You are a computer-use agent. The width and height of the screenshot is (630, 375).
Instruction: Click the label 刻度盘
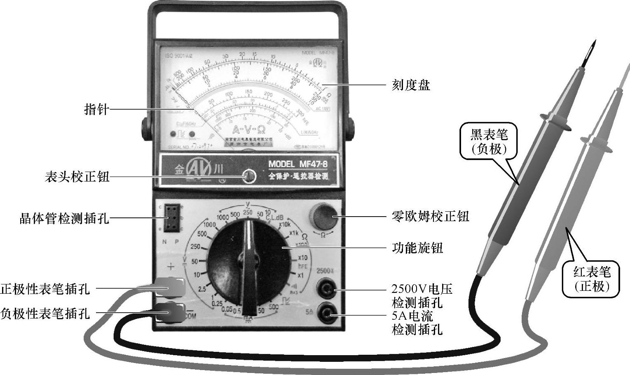coord(410,85)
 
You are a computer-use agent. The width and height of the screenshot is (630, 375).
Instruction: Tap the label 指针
coord(96,109)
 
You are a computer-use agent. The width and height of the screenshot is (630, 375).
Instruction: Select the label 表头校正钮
coord(77,177)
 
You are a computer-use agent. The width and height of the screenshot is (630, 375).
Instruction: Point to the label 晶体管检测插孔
coord(64,218)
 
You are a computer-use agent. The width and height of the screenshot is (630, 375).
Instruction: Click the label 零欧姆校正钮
coord(430,216)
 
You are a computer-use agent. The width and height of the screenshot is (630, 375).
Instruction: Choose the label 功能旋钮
coord(417,248)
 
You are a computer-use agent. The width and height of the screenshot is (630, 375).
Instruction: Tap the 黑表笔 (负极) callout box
coord(489,141)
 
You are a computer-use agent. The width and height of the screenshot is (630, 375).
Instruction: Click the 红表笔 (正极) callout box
coord(592,279)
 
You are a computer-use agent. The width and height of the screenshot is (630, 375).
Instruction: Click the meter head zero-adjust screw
coord(249,176)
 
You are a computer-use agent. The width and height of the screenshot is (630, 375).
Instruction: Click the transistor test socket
coord(172,218)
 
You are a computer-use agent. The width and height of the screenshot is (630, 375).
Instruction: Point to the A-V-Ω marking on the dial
coord(249,130)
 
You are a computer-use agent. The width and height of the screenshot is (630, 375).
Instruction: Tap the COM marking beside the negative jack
coord(191,316)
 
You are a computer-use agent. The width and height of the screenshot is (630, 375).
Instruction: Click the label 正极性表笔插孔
coord(45,289)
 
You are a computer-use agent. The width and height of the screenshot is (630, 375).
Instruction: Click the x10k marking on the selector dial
coord(285,224)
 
